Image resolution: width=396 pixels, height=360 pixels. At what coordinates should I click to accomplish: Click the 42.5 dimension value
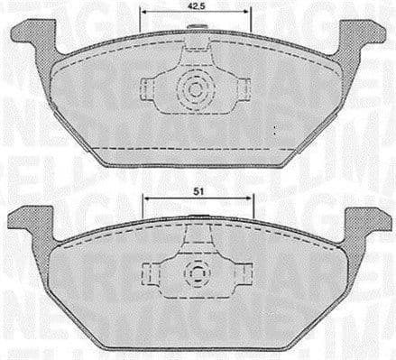(193, 6)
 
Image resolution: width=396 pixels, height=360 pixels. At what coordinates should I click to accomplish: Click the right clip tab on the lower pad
(244, 272)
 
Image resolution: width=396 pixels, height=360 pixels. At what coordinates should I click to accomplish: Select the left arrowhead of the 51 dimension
(145, 198)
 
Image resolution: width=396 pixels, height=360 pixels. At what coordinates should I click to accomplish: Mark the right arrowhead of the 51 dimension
(252, 198)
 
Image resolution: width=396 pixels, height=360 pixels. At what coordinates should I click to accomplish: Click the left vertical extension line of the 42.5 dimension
(141, 20)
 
